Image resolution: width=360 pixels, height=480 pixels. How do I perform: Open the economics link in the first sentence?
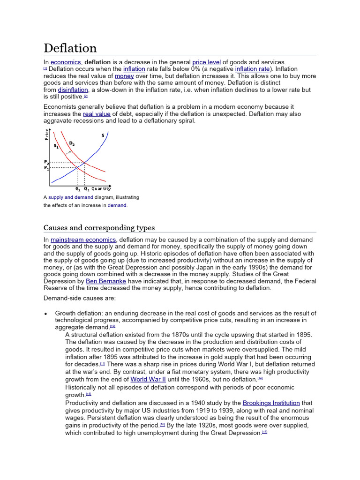pyautogui.click(x=66, y=62)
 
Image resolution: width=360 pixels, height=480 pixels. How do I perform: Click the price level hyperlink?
pyautogui.click(x=206, y=62)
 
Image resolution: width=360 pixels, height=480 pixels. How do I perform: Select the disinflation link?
pyautogui.click(x=73, y=90)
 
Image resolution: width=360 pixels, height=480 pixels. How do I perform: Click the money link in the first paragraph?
pyautogui.click(x=124, y=76)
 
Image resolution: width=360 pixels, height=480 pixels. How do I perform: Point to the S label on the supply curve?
pyautogui.click(x=103, y=136)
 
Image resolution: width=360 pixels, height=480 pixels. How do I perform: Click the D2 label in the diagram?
pyautogui.click(x=72, y=143)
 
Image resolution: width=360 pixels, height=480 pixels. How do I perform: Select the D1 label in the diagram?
pyautogui.click(x=56, y=146)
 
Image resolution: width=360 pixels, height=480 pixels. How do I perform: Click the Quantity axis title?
pyautogui.click(x=101, y=189)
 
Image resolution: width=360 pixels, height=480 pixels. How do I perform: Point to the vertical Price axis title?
pyautogui.click(x=47, y=134)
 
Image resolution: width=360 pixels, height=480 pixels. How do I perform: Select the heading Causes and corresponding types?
pyautogui.click(x=99, y=228)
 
